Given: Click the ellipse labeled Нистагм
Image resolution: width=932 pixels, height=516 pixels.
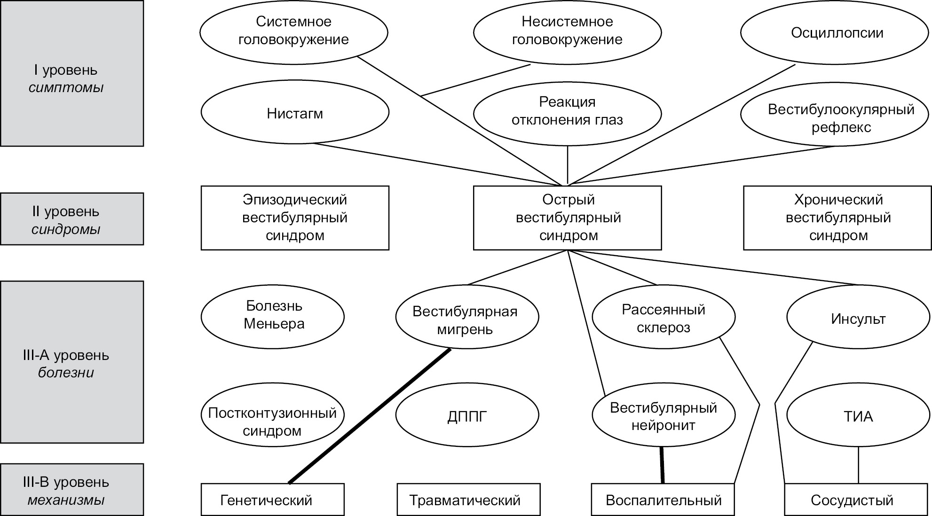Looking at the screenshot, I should point(295,113).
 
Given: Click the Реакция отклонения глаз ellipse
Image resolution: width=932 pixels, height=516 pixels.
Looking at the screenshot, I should point(567,112).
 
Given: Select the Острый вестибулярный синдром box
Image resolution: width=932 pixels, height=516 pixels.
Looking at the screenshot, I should point(568,218).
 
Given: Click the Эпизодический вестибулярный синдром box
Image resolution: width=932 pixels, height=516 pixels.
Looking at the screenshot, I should point(295,218).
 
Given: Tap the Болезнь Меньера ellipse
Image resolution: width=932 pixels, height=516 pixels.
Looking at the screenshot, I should point(273,315).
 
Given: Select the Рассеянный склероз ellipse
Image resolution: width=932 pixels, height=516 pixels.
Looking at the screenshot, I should point(663,318).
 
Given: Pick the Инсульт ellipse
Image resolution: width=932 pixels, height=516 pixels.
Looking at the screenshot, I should point(858,319).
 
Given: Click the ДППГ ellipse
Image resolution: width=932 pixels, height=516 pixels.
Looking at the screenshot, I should point(466,416).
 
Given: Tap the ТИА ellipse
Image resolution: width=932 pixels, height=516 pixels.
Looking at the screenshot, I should point(858,416).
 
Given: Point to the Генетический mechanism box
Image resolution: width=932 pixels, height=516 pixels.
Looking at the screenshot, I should point(273,500).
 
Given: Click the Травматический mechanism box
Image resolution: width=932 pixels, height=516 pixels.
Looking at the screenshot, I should point(468,500).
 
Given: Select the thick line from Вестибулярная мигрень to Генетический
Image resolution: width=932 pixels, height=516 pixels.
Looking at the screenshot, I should point(370,416).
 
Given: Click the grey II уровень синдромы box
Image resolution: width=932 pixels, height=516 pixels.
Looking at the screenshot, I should point(72,219).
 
